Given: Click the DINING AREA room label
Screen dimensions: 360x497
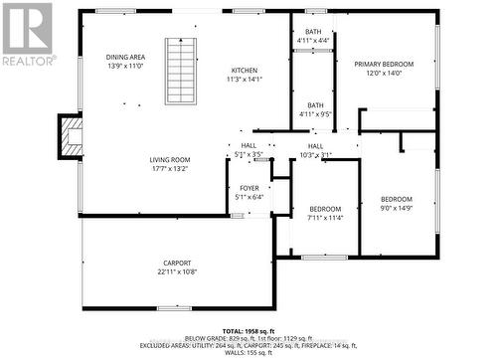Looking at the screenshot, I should pyautogui.click(x=133, y=58).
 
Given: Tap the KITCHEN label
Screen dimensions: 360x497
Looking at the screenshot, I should pyautogui.click(x=245, y=71).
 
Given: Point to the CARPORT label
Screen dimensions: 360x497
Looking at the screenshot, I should pyautogui.click(x=177, y=263).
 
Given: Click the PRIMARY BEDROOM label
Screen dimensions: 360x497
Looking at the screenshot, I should pyautogui.click(x=384, y=64).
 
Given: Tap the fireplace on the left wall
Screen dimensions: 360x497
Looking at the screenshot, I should pyautogui.click(x=70, y=137).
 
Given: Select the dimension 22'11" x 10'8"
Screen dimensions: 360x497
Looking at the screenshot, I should pyautogui.click(x=177, y=271).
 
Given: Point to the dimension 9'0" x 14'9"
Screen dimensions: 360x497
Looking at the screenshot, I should pyautogui.click(x=395, y=208).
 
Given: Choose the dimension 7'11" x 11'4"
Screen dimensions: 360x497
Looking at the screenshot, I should pyautogui.click(x=325, y=217).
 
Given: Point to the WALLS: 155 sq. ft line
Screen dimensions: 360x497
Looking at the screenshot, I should pyautogui.click(x=248, y=353).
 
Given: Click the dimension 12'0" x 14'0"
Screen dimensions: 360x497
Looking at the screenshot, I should pyautogui.click(x=384, y=73).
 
